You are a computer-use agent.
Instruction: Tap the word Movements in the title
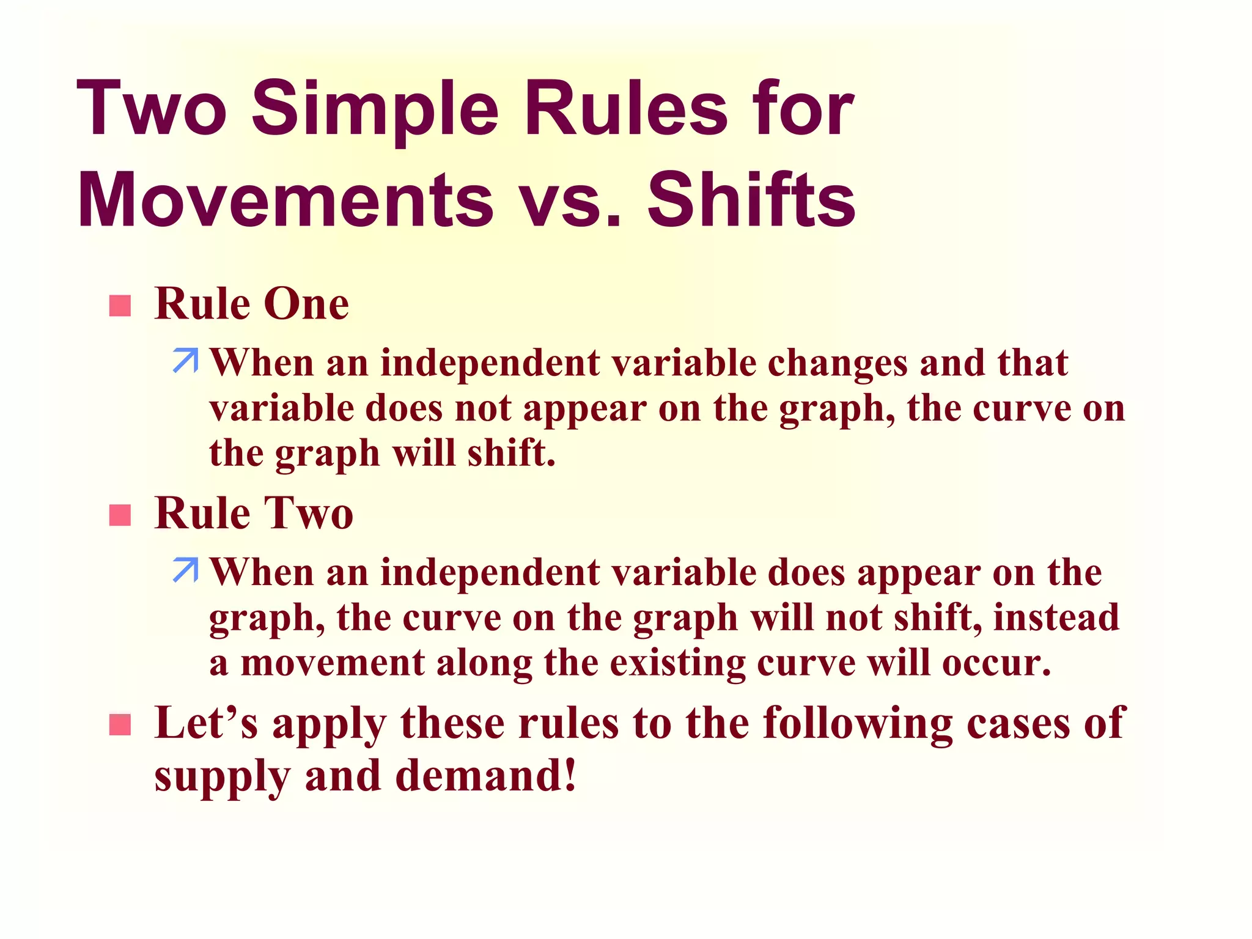(285, 201)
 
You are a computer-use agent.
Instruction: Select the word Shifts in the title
(751, 201)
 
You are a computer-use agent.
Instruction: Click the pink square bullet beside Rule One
(120, 306)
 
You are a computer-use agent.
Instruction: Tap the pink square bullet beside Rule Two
(120, 515)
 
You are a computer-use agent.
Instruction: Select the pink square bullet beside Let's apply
(120, 724)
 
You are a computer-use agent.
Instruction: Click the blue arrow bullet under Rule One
(185, 361)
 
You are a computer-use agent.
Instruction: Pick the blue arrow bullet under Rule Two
(185, 570)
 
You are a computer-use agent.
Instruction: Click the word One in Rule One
(306, 304)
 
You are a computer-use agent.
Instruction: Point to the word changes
(838, 363)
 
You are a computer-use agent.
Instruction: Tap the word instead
(1056, 617)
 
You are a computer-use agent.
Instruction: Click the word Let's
(205, 723)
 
